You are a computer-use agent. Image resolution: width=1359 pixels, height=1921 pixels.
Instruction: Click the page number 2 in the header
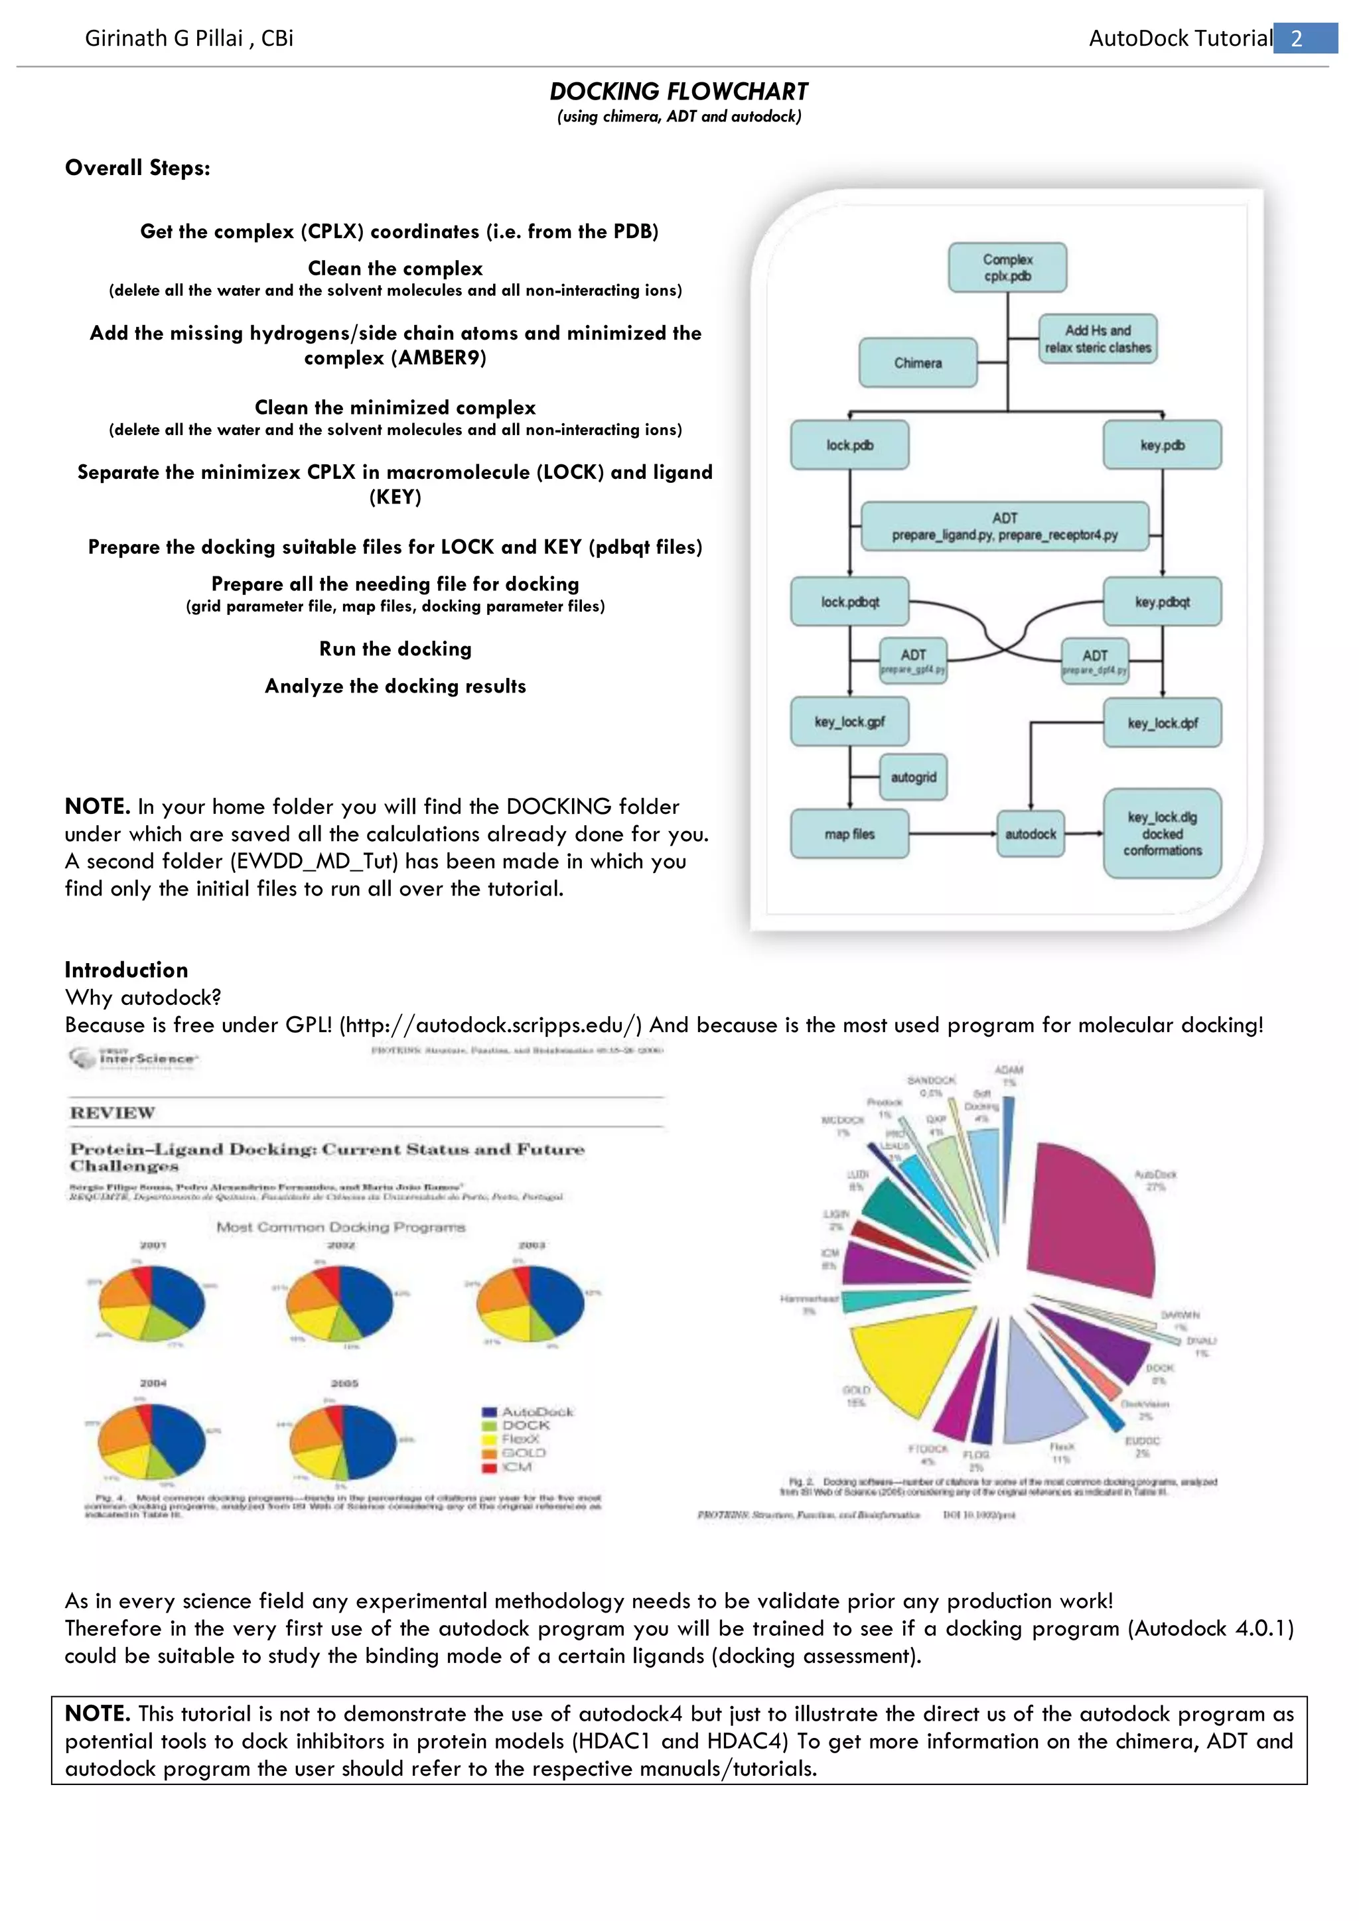point(1298,38)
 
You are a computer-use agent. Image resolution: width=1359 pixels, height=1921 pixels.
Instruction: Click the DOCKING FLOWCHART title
point(679,91)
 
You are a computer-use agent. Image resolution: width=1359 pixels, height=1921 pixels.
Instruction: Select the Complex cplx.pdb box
point(1007,268)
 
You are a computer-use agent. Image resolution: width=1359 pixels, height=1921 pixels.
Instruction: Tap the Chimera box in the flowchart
point(918,363)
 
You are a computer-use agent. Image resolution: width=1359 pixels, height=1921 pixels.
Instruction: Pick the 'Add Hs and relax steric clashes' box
point(1098,339)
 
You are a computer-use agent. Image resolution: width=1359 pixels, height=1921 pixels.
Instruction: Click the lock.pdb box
point(849,445)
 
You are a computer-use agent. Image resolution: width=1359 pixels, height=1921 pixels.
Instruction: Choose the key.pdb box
point(1163,445)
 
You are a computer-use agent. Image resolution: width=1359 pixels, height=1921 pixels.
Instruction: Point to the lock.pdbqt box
point(849,602)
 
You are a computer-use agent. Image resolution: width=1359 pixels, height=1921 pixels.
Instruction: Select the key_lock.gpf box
point(849,722)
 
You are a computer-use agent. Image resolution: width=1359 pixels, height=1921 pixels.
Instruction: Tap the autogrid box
point(913,777)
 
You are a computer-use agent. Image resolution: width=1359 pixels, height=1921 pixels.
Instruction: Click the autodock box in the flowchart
point(1030,834)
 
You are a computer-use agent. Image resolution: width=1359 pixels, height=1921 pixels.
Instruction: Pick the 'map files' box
point(849,834)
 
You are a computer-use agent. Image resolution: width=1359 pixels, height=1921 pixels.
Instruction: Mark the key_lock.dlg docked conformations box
point(1163,833)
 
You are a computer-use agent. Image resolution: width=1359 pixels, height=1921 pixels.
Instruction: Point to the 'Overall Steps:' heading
point(137,168)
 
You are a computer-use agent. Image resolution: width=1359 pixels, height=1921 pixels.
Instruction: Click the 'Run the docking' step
point(395,649)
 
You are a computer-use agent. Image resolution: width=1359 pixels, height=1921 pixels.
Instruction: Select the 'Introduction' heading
point(126,970)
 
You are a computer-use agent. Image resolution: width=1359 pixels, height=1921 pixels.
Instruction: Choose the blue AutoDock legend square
point(490,1412)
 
